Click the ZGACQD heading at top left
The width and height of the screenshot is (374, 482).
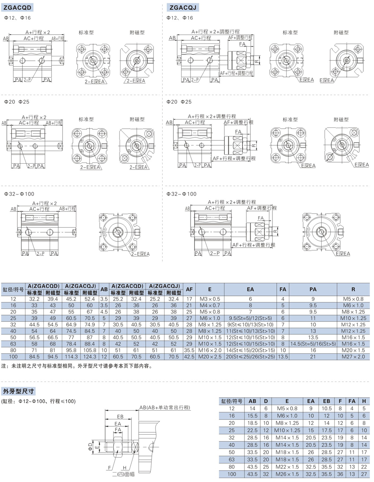point(17,7)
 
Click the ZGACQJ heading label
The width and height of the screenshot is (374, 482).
point(183,7)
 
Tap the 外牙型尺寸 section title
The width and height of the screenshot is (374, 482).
point(19,391)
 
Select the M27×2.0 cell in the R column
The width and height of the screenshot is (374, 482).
point(353,357)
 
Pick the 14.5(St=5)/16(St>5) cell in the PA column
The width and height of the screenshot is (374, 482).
point(313,344)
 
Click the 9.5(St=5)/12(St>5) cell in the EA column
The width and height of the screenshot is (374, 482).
point(250,318)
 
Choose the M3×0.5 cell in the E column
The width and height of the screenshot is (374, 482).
point(210,299)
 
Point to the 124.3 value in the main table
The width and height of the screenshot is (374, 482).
point(90,357)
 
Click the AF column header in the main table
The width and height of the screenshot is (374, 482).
point(189,289)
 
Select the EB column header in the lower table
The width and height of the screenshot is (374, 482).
point(327,401)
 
